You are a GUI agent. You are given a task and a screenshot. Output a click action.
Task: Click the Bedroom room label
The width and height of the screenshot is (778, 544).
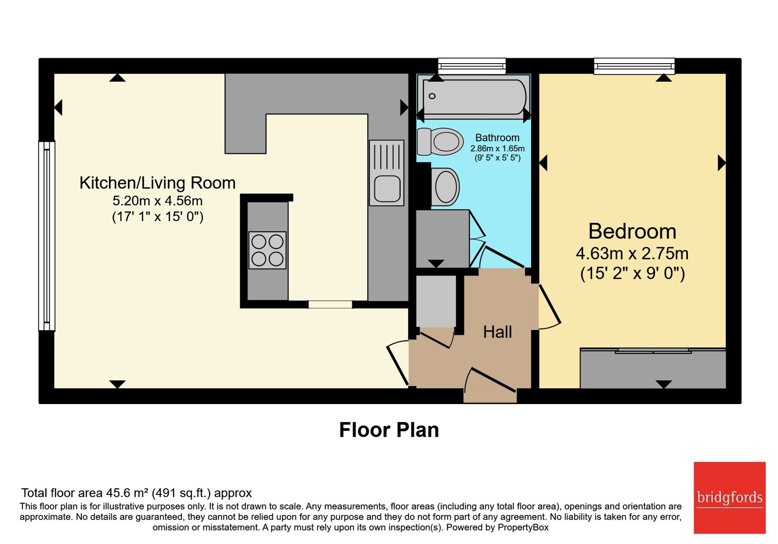point(632,231)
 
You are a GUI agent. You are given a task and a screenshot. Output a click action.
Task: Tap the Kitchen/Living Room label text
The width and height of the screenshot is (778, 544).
point(158,183)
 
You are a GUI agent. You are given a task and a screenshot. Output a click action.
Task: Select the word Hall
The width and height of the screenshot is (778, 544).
point(497,332)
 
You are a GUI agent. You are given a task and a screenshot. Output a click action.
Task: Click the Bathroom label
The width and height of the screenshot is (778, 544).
point(497,138)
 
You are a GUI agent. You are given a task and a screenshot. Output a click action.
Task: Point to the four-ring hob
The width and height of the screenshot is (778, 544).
point(267,250)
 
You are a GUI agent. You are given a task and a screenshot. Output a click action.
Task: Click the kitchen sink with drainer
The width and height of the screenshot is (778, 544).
point(386,173)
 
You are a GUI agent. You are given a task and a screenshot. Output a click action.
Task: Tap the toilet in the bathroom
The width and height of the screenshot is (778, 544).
point(440,141)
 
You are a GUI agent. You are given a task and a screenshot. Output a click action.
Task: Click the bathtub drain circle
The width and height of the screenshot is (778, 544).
point(432,96)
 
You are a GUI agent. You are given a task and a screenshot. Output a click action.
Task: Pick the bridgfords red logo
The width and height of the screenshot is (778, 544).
point(730,497)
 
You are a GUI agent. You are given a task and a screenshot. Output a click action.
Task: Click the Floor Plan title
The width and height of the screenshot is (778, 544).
point(389,430)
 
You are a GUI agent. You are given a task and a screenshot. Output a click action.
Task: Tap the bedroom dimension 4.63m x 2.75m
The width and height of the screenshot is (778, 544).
point(632,254)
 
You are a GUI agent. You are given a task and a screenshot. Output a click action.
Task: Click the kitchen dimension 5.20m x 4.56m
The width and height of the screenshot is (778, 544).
point(158,201)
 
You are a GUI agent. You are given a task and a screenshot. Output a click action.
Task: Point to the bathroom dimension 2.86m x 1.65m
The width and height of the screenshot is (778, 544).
point(497,149)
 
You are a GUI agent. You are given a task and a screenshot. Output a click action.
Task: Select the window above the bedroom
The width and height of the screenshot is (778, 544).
point(634,66)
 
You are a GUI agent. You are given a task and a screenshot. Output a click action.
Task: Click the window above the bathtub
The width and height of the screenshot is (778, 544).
point(472,66)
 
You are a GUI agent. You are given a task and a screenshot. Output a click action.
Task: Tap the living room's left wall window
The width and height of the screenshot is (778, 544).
point(47,236)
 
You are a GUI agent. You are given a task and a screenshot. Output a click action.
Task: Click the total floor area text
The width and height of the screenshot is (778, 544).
point(137,493)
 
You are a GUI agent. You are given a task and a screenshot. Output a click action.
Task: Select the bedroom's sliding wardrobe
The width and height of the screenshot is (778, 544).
point(653,369)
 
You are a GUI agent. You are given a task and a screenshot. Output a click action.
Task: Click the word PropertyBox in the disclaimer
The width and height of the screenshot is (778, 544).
point(523,527)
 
